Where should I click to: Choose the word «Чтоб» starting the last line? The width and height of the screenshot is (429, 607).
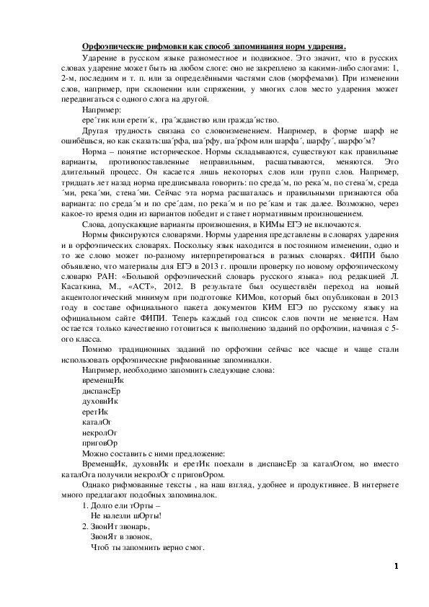(102, 547)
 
